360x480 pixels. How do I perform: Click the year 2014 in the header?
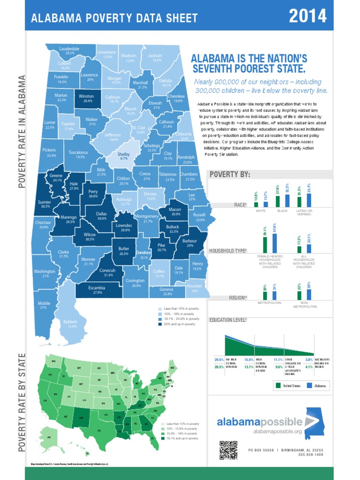307,16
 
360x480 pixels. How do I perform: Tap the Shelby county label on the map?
123,156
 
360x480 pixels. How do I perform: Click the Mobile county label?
44,305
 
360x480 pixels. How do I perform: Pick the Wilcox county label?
90,236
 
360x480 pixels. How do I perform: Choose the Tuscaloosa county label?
77,154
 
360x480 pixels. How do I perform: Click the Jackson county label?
155,58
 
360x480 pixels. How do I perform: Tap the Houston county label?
194,288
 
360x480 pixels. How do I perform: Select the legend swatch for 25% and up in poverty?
160,324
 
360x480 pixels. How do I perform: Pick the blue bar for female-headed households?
274,233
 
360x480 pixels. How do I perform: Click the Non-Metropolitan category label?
305,305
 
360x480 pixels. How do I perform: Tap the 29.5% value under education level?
218,360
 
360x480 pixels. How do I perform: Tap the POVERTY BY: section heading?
230,175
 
